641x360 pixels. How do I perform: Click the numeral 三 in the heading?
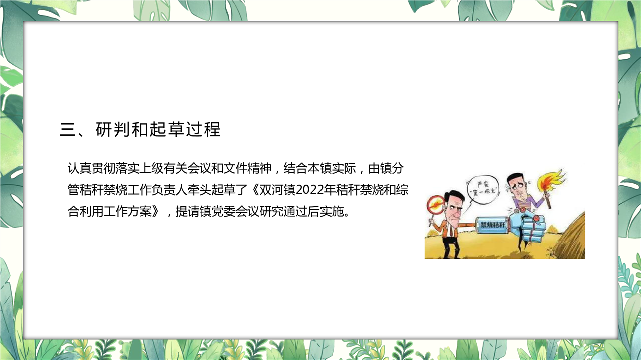68,130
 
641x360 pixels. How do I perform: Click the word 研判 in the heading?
113,129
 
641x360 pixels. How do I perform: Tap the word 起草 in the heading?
167,129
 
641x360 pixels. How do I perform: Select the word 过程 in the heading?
203,129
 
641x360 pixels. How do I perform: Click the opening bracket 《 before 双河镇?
254,190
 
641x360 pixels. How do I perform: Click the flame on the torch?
551,180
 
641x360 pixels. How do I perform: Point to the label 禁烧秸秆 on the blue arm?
493,225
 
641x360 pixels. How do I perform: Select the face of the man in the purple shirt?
518,188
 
